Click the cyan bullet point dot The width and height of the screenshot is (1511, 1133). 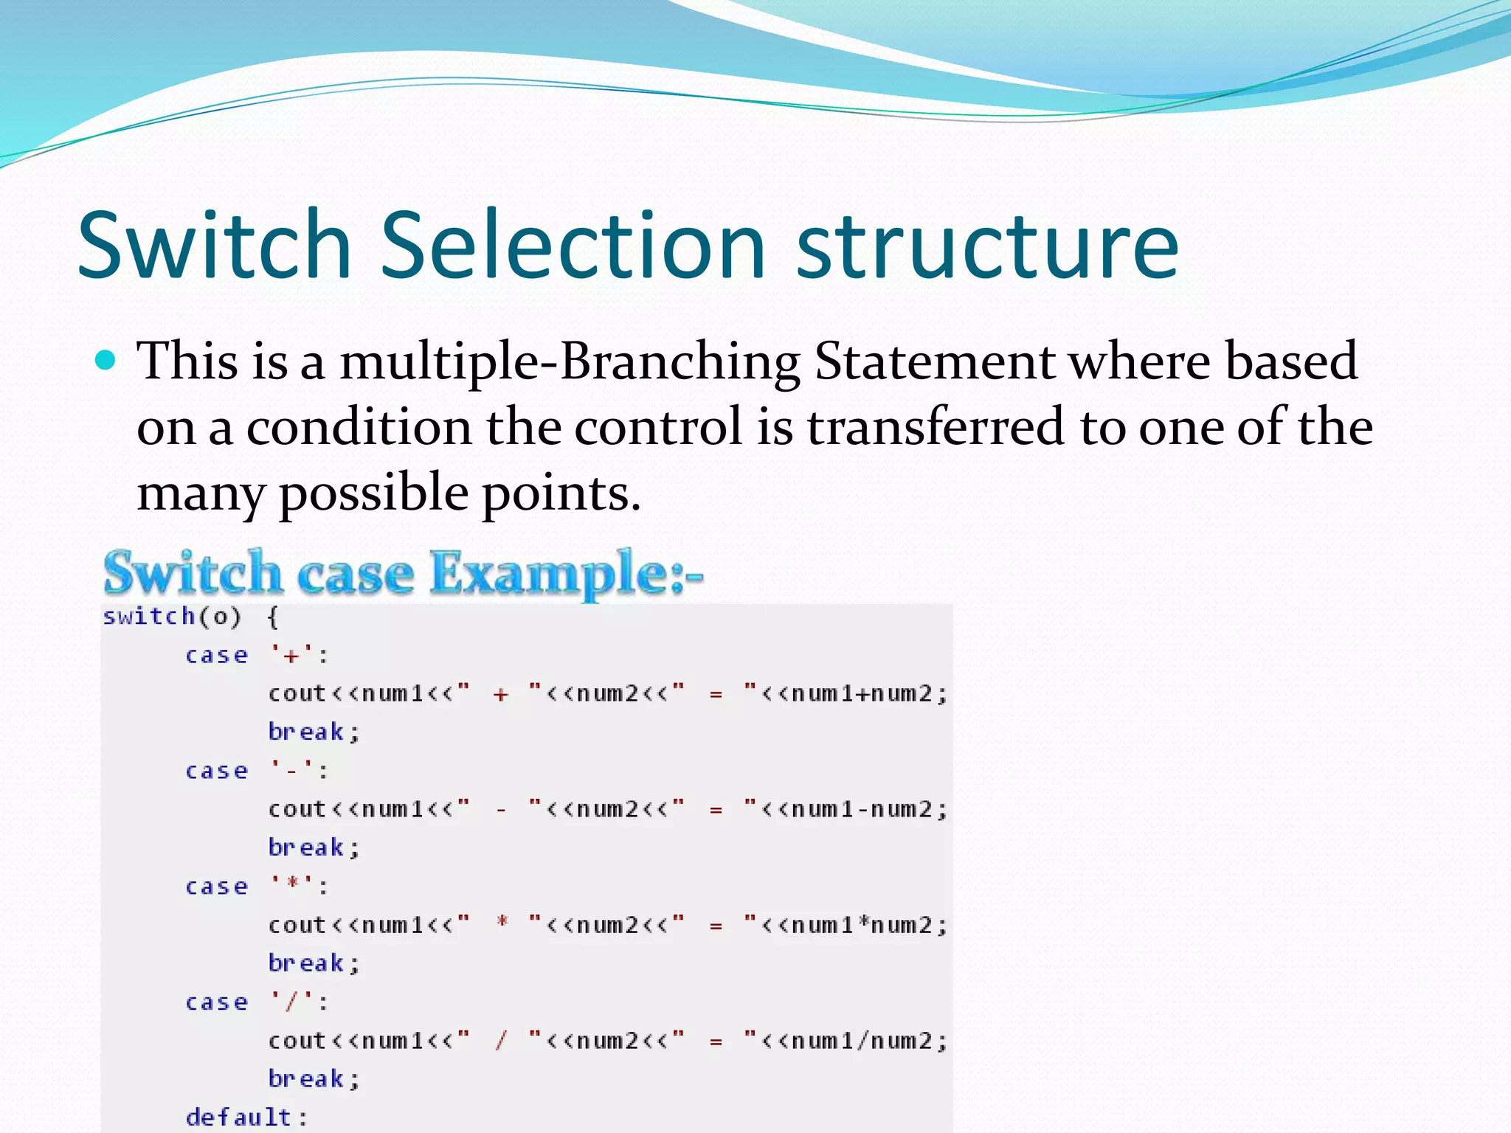[106, 361]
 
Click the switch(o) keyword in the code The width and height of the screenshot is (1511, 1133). [172, 617]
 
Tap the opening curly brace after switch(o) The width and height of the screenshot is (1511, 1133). [273, 617]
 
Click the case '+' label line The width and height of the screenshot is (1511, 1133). [255, 655]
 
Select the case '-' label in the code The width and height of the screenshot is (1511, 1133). [255, 771]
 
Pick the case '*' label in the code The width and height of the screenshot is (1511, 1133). [255, 887]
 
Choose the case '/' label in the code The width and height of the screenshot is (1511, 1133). [255, 1002]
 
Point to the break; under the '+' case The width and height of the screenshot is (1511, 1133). [313, 732]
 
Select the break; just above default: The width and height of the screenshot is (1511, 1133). [313, 1079]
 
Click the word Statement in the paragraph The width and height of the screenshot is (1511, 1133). [934, 362]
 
